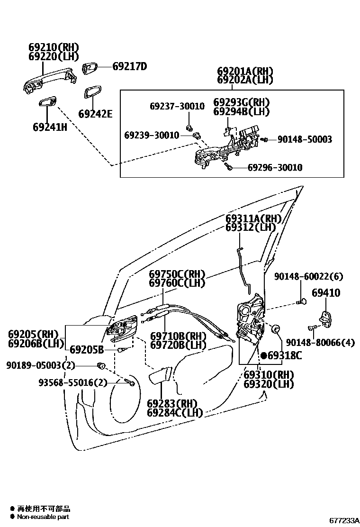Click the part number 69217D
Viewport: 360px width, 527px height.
coord(129,67)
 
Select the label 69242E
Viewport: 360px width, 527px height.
coord(95,114)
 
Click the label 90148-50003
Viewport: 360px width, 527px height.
coord(305,139)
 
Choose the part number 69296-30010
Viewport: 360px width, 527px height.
coord(275,168)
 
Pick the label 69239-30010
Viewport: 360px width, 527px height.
coord(152,136)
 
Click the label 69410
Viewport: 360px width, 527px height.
coord(326,293)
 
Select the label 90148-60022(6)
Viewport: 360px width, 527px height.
coord(308,276)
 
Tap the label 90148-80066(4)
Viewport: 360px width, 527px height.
coord(320,342)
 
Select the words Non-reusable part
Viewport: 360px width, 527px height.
coord(43,517)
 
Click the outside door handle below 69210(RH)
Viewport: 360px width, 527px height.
coord(47,78)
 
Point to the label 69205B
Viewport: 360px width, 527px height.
coord(87,350)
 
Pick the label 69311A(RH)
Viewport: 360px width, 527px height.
coord(253,218)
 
